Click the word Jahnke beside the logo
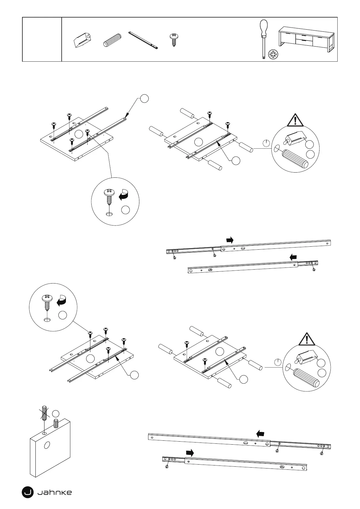pos(55,493)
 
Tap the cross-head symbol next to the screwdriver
pos(273,54)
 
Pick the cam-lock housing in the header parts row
pos(82,40)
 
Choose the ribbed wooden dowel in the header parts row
pos(112,40)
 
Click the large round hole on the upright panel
pos(47,445)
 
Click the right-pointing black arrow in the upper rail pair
pos(230,240)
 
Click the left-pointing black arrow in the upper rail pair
pos(293,257)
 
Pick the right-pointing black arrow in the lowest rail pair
pos(190,453)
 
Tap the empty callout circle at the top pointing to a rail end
pos(144,98)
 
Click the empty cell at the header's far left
pos(42,39)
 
